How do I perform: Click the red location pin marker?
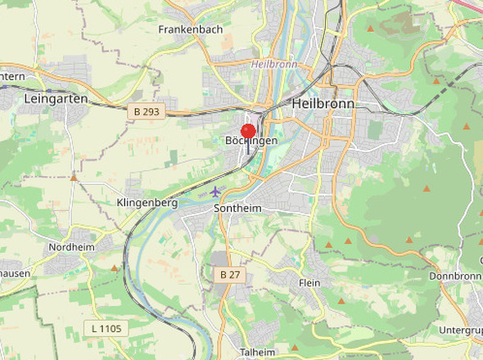pyautogui.click(x=248, y=131)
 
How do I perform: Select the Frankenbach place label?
pyautogui.click(x=191, y=29)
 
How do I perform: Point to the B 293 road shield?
pyautogui.click(x=145, y=111)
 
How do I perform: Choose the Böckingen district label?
pyautogui.click(x=251, y=141)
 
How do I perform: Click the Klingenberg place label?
pyautogui.click(x=147, y=202)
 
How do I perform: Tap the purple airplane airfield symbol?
pyautogui.click(x=215, y=191)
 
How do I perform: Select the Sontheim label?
pyautogui.click(x=237, y=209)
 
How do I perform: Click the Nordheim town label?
pyautogui.click(x=72, y=247)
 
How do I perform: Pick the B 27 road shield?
pyautogui.click(x=230, y=275)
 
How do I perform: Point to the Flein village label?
pyautogui.click(x=309, y=282)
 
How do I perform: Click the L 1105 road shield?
pyautogui.click(x=106, y=328)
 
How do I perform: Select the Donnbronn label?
pyautogui.click(x=455, y=276)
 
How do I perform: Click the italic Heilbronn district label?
pyautogui.click(x=273, y=63)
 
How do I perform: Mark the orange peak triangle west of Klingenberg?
pyautogui.click(x=74, y=176)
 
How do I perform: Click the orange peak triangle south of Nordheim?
pyautogui.click(x=114, y=268)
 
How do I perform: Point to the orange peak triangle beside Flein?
pyautogui.click(x=341, y=300)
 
